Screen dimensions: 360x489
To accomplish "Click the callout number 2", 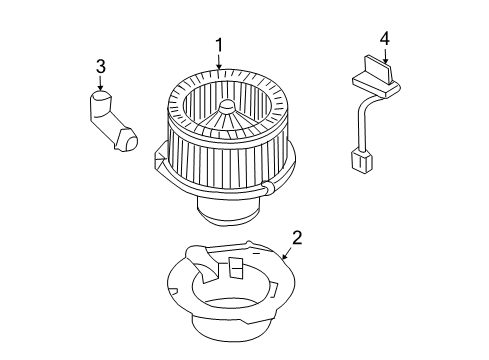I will click(x=297, y=238).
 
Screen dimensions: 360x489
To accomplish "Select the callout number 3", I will click(x=100, y=67).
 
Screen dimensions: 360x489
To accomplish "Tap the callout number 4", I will click(x=384, y=38).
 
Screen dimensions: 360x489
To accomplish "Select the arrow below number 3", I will click(x=100, y=83).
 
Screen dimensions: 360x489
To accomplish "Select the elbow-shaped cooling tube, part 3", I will click(x=111, y=122).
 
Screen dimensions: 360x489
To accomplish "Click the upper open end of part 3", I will click(x=99, y=98).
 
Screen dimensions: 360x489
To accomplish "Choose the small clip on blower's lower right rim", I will click(x=268, y=187).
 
